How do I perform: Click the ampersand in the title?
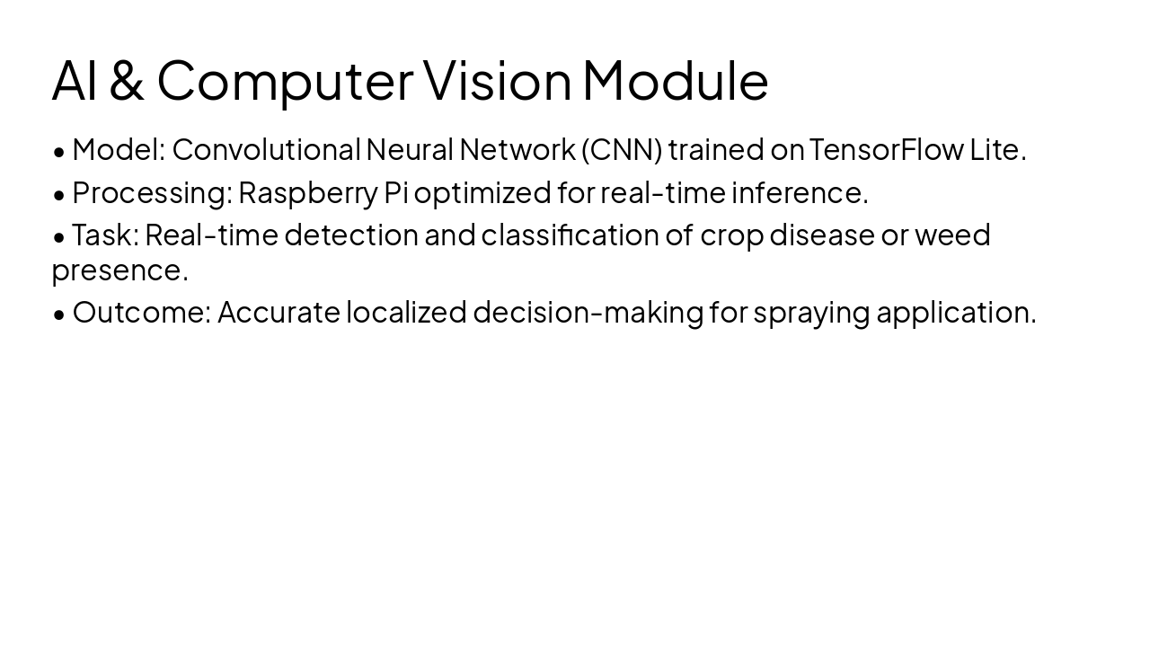[128, 80]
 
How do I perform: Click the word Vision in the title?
[497, 80]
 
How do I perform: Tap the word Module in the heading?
[675, 80]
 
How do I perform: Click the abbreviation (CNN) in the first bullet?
[622, 150]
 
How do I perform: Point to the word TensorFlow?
[886, 150]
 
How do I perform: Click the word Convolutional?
[266, 150]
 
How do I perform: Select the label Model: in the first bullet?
[119, 150]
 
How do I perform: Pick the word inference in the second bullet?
[799, 192]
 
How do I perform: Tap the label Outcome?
[142, 313]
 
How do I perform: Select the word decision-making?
[588, 313]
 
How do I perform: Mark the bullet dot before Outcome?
[59, 314]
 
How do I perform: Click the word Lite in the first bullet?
[996, 150]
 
